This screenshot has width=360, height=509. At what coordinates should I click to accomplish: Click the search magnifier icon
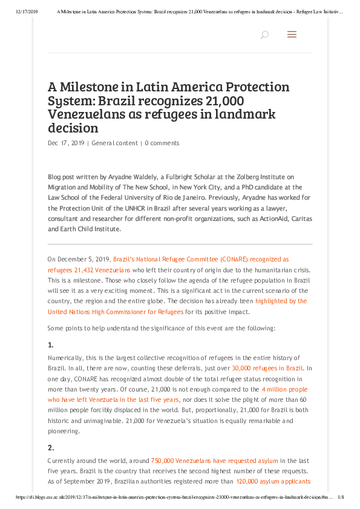[x=264, y=35]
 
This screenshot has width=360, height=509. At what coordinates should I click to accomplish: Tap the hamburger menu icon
[x=292, y=35]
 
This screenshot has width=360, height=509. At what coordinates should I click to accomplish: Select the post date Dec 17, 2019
[x=66, y=143]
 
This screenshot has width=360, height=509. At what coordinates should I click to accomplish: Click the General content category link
[x=114, y=143]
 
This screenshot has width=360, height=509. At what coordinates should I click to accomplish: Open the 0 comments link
[x=162, y=143]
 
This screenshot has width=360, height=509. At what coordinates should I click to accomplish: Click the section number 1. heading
[x=51, y=345]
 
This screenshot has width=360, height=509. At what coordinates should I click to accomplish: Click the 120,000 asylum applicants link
[x=273, y=482]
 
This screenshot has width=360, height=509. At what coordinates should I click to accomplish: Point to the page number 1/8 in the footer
[x=341, y=498]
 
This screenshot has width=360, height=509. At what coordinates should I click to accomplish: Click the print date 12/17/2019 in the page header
[x=24, y=11]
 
